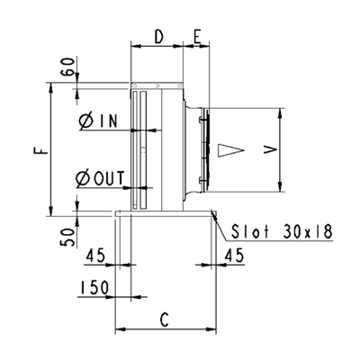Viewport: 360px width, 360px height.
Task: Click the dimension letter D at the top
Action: pos(158,37)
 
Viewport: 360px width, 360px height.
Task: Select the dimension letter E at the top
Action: pos(196,37)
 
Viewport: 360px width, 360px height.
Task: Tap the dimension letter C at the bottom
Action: pos(164,319)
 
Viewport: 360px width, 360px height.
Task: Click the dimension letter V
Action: pos(270,149)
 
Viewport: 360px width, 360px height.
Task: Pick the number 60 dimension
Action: pos(68,67)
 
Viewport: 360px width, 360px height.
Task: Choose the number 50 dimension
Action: pos(68,237)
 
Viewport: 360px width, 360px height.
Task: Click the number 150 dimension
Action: pos(94,287)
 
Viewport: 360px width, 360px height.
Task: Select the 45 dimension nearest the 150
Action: pos(95,256)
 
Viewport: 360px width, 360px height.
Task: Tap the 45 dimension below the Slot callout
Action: pos(235,256)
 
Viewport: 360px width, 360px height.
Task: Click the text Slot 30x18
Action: pos(282,231)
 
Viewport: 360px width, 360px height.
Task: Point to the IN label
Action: pos(108,121)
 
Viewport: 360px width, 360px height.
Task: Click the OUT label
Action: pos(109,178)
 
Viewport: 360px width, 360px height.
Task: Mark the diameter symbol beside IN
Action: pos(86,121)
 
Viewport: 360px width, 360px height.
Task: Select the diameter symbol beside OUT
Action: pos(84,179)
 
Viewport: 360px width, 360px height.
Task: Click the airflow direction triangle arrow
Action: pos(230,150)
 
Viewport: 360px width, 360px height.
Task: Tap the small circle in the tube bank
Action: pos(143,148)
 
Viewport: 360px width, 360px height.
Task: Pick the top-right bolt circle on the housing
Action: pos(179,85)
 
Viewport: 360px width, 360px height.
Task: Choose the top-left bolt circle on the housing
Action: pos(135,85)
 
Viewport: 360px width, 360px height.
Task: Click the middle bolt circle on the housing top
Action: pos(157,85)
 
